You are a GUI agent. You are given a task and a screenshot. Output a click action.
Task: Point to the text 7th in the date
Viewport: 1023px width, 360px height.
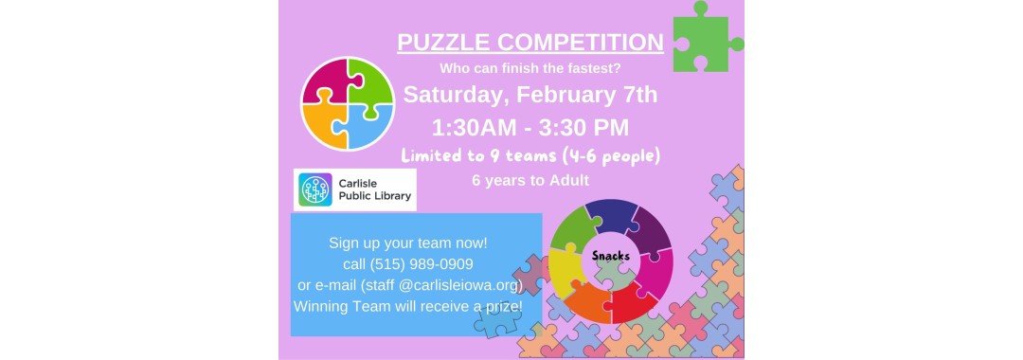coord(634,96)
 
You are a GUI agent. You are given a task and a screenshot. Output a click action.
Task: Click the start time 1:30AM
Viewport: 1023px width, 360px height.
coord(478,127)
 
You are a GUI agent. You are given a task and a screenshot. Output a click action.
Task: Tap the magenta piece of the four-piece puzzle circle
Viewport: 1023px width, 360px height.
coord(326,81)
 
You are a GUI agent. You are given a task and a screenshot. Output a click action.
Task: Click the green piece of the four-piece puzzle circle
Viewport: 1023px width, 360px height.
coord(370,81)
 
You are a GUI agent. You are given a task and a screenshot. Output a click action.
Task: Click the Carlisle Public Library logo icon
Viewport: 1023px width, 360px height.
coord(314,189)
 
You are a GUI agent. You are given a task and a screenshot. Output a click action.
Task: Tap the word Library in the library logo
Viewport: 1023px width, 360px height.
coord(387,198)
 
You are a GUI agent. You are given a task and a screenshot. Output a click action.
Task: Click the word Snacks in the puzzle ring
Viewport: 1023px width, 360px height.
coord(611,256)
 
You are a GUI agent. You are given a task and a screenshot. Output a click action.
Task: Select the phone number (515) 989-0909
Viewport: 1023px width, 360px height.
coord(422,264)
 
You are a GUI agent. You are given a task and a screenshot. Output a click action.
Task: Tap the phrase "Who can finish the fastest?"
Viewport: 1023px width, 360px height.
coord(529,69)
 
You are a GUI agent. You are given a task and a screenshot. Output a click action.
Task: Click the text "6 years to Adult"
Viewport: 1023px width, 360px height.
coord(529,178)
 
